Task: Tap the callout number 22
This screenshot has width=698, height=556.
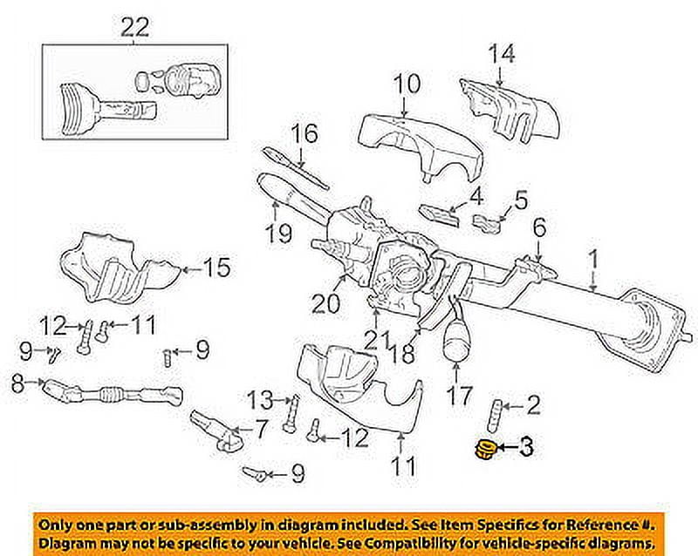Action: coord(136,28)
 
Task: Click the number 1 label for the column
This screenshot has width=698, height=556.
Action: coord(594,258)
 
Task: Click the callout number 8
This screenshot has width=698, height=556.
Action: coord(17,381)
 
